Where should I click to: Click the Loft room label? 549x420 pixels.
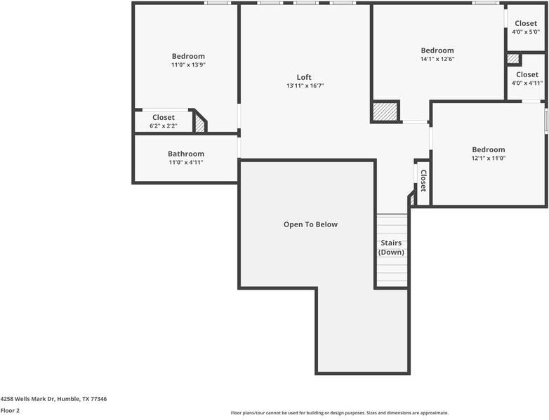tap(303, 77)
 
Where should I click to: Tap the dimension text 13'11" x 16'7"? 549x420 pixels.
tap(305, 86)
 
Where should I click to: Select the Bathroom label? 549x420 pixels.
tap(186, 154)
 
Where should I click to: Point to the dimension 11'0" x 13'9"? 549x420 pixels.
tap(188, 65)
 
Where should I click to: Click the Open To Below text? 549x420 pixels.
tap(310, 224)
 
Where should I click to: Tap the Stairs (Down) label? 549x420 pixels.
tap(391, 248)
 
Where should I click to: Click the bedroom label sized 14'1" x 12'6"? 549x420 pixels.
tap(437, 50)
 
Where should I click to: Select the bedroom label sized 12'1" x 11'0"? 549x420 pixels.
tap(488, 149)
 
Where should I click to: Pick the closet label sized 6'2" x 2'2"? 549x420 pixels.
tap(164, 118)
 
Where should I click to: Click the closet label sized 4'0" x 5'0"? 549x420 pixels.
tap(526, 24)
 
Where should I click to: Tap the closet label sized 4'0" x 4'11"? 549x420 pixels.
tap(527, 75)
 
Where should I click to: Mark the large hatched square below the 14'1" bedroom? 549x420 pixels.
tap(385, 111)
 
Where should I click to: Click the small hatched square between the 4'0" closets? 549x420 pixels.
tap(513, 60)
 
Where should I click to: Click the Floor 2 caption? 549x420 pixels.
tap(10, 410)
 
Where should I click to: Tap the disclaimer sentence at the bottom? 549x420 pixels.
tap(340, 413)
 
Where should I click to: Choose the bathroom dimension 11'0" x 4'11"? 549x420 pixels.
tap(186, 163)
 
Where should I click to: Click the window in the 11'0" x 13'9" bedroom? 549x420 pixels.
tap(218, 4)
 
